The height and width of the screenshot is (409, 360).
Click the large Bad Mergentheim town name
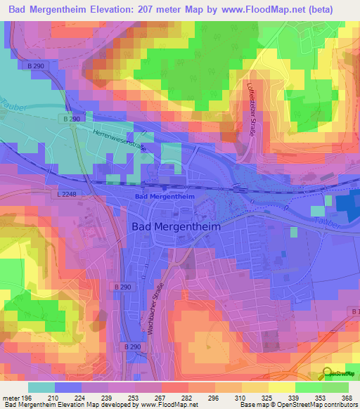coord(176,227)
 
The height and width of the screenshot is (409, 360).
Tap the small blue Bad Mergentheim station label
coord(164,197)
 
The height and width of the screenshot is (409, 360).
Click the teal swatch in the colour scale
coord(41,387)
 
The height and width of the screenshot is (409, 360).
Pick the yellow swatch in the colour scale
coord(282,387)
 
